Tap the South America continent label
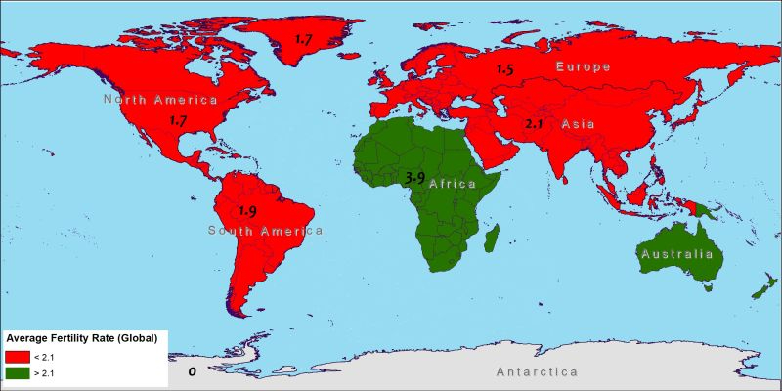click(265, 231)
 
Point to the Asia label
click(579, 124)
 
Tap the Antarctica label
click(537, 372)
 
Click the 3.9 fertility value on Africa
click(414, 177)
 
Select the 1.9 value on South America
click(248, 211)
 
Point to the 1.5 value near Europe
click(504, 69)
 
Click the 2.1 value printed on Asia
click(534, 124)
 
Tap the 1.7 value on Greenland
click(304, 40)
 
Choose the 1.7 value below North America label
click(178, 121)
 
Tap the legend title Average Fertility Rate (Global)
click(82, 337)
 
